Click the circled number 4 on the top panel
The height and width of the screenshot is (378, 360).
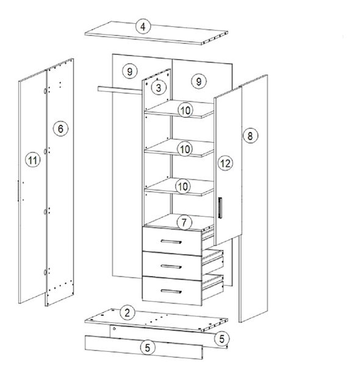click(x=143, y=26)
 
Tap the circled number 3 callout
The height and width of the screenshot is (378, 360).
click(x=159, y=87)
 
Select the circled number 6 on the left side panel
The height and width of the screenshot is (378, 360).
click(x=60, y=128)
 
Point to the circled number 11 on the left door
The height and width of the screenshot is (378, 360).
click(x=33, y=160)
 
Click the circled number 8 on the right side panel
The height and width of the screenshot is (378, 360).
click(x=250, y=136)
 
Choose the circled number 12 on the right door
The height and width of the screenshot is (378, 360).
click(x=225, y=163)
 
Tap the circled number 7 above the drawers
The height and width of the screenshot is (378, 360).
click(x=184, y=222)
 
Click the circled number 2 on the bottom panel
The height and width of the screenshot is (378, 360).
click(x=128, y=313)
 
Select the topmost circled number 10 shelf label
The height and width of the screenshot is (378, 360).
click(x=185, y=111)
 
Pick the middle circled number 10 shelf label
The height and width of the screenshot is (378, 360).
click(x=185, y=149)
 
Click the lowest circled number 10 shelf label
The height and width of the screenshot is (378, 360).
click(x=183, y=186)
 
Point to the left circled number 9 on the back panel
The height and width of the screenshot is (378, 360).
click(x=130, y=71)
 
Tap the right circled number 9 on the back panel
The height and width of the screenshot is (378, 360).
click(x=199, y=81)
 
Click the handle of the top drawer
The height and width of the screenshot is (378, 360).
click(x=171, y=242)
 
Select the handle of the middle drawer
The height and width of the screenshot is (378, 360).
click(x=171, y=266)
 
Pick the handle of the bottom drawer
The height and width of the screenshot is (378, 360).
click(x=171, y=291)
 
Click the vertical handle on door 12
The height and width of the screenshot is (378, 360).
click(x=220, y=208)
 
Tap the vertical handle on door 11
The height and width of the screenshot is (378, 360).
click(x=18, y=191)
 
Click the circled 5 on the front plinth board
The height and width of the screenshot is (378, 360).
click(x=148, y=347)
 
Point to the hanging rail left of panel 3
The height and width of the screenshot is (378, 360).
click(x=120, y=90)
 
